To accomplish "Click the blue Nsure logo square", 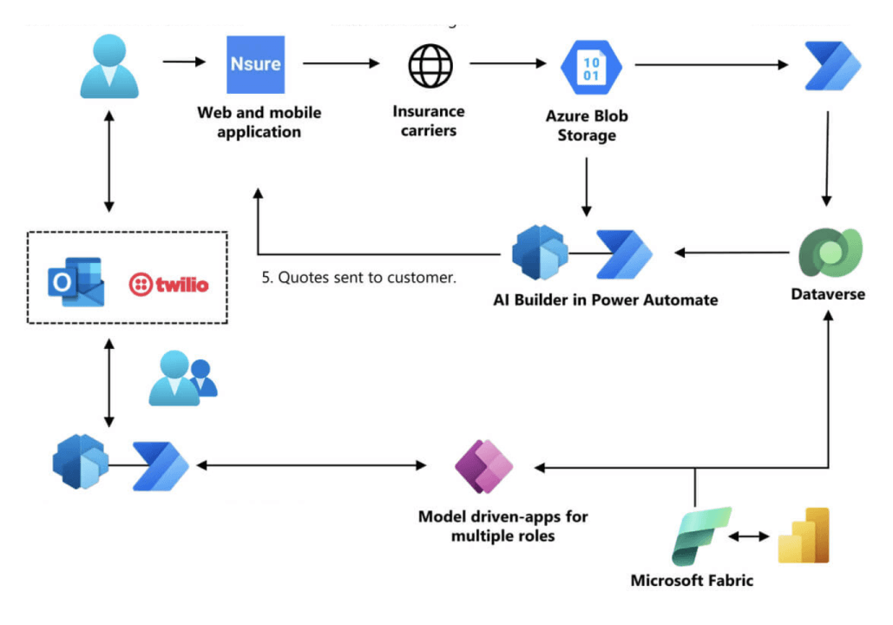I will tap(255, 64).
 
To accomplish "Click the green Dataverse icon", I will tap(830, 253).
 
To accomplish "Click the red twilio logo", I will tap(168, 284).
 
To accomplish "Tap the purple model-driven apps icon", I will tap(484, 466).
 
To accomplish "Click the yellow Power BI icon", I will tap(803, 536).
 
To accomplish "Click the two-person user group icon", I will tap(181, 378).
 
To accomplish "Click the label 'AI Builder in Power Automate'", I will tap(605, 299).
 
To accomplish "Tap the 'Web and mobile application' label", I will tap(259, 122).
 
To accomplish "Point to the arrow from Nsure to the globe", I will tap(342, 62).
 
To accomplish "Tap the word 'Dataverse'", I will tap(828, 294).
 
